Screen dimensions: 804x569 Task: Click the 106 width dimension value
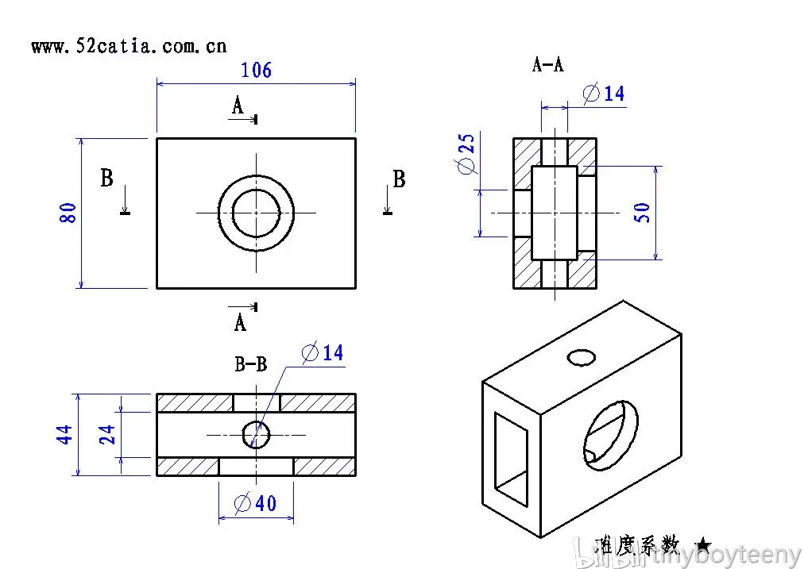256,70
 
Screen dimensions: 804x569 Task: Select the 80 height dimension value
68,213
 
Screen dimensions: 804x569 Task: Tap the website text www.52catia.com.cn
129,46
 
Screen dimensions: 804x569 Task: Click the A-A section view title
547,64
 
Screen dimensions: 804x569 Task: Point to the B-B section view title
251,364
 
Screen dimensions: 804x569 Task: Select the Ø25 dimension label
466,154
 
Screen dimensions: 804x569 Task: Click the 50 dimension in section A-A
642,212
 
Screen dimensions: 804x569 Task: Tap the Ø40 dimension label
255,503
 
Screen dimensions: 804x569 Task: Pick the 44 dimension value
65,434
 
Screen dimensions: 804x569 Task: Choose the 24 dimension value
107,434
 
